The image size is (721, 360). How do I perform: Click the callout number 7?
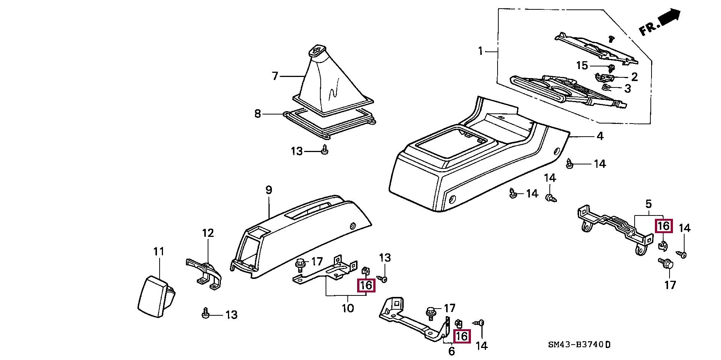(275, 76)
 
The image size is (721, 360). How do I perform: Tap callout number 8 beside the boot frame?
(258, 113)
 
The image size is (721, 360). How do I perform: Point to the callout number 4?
(600, 136)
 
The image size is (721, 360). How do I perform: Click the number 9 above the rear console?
(269, 190)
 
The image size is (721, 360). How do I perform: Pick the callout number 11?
(159, 251)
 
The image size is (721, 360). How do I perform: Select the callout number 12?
(208, 233)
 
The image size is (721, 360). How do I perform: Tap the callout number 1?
(480, 51)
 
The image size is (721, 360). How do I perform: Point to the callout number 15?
(582, 66)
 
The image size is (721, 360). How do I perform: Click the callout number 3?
(627, 89)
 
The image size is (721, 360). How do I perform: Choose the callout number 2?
(634, 77)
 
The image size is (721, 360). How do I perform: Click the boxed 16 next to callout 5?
(664, 226)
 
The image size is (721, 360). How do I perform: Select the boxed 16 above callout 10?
(366, 286)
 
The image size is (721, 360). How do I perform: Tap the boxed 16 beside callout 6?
(462, 336)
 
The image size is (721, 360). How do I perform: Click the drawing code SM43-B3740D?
(579, 345)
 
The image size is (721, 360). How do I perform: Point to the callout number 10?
(348, 308)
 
